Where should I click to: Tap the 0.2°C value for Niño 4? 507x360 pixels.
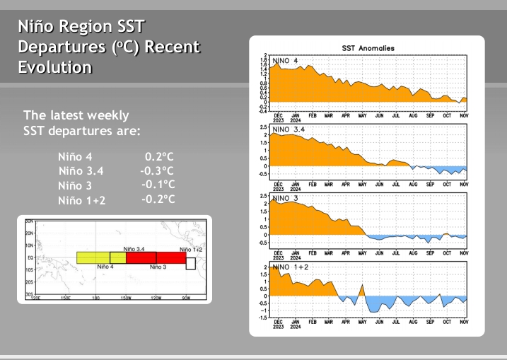(159, 157)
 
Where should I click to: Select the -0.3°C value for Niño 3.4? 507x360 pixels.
(157, 171)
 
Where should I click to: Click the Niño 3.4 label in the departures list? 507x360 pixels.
(81, 171)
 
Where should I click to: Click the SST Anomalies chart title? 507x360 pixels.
(368, 47)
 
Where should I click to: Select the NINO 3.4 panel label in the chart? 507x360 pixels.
(289, 130)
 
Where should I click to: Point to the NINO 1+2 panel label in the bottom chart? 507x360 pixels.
(289, 267)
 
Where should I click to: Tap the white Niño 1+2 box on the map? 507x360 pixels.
(190, 263)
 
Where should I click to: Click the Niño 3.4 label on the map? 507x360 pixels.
(134, 249)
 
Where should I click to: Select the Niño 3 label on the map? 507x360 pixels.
(158, 267)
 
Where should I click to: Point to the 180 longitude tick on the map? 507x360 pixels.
(95, 298)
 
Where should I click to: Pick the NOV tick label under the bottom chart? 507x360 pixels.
(464, 322)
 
